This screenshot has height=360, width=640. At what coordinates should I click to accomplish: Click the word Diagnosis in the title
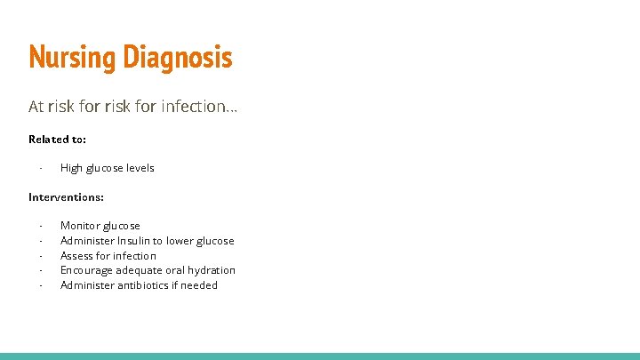[x=178, y=58]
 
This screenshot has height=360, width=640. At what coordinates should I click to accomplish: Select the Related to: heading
[x=57, y=139]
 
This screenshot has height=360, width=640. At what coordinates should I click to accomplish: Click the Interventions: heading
[x=66, y=196]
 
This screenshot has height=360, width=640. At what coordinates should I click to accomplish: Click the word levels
[x=140, y=168]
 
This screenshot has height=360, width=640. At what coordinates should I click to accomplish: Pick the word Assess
[x=76, y=256]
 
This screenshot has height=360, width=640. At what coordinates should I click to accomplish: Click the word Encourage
[x=86, y=270]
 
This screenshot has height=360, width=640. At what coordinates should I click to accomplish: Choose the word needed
[x=198, y=285]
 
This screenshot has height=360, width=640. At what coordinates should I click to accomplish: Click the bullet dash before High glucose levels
[x=41, y=168]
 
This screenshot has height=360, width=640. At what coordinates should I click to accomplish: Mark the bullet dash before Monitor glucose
[x=41, y=226]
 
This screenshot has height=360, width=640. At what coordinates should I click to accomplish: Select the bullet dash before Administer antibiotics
[x=41, y=285]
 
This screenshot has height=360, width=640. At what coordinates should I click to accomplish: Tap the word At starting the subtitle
[x=36, y=107]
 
